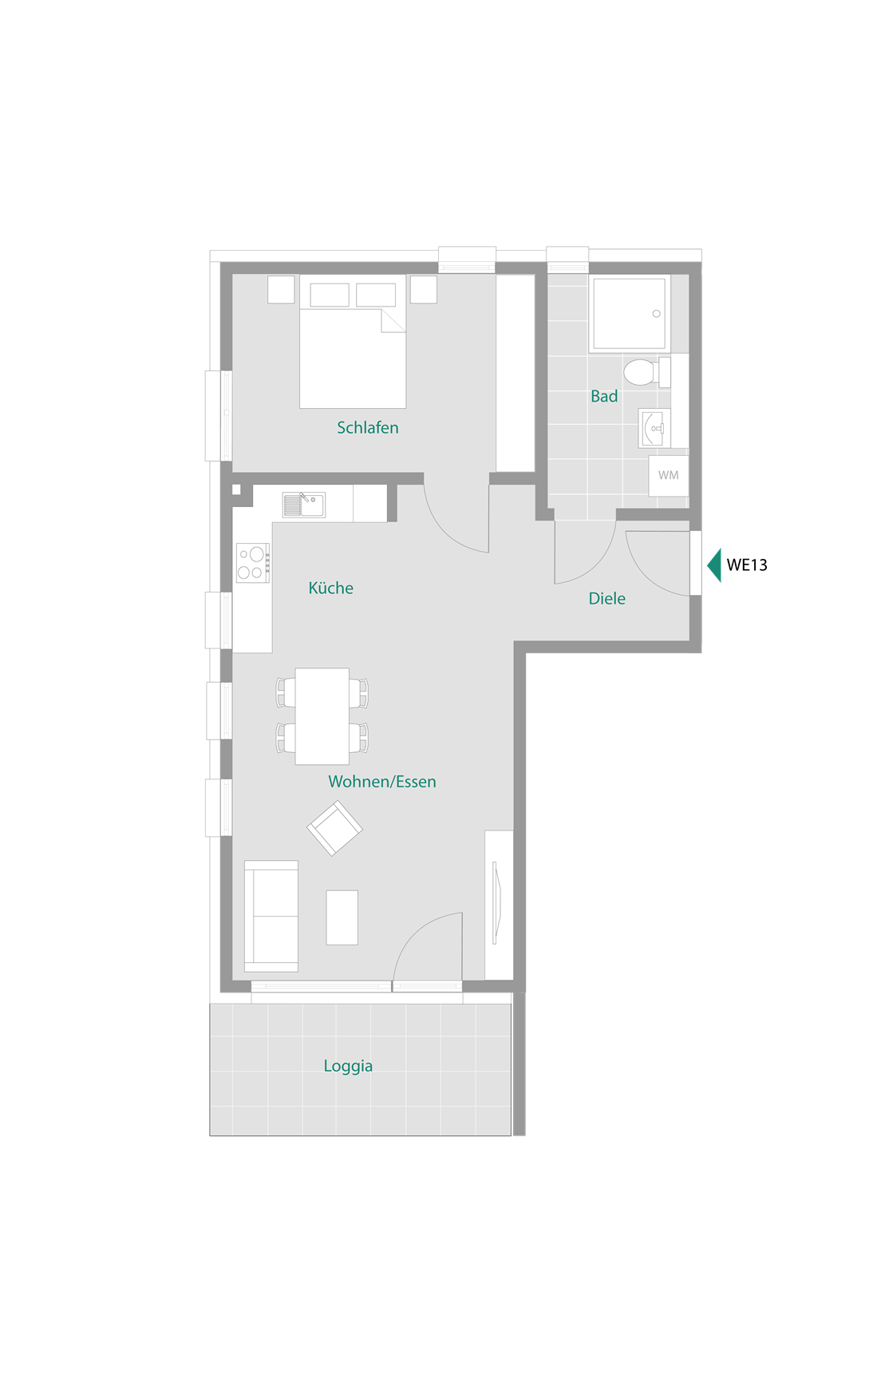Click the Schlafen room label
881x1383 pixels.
(x=367, y=428)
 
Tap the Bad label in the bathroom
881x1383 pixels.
(x=604, y=396)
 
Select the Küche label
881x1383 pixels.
(x=330, y=588)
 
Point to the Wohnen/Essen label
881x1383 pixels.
(x=382, y=782)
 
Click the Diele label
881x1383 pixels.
(x=606, y=599)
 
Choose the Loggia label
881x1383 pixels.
(x=348, y=1066)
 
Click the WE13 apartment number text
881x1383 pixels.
(x=747, y=565)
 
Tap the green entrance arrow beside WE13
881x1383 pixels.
(x=714, y=565)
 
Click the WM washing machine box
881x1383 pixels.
(x=669, y=476)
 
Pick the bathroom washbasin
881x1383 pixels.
(x=654, y=429)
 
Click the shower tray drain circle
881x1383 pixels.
(x=657, y=314)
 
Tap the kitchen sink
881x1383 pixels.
(x=304, y=505)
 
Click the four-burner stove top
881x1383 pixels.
(x=253, y=563)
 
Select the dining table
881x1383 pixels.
(x=322, y=716)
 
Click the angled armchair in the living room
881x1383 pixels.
(x=335, y=829)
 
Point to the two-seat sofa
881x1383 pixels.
(x=271, y=916)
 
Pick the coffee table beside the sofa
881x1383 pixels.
(x=342, y=917)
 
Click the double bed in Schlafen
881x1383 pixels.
(x=353, y=342)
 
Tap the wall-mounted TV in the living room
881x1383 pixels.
(x=496, y=902)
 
